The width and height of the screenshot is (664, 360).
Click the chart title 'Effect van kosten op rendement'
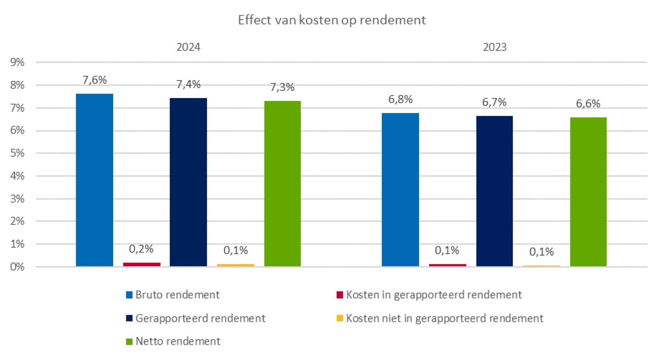(331, 20)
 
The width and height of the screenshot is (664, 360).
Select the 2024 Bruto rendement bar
(94, 180)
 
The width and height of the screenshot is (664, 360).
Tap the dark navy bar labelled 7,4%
(188, 182)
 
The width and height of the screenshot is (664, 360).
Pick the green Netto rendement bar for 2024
(282, 183)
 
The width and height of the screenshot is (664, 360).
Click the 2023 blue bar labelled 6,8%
(400, 190)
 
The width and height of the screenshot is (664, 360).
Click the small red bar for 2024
(142, 265)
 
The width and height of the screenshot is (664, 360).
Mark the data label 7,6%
(94, 80)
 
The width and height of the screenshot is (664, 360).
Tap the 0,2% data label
(141, 249)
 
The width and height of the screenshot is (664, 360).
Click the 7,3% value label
(282, 87)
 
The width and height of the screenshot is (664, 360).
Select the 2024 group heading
(188, 47)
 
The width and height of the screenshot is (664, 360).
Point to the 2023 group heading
(495, 47)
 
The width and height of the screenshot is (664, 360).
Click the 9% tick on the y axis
(17, 62)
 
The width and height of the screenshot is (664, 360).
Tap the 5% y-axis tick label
(17, 153)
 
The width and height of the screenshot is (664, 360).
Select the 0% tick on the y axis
(17, 267)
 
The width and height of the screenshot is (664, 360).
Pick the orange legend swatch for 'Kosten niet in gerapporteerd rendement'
(340, 318)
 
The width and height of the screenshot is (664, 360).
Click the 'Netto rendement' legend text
(178, 341)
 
